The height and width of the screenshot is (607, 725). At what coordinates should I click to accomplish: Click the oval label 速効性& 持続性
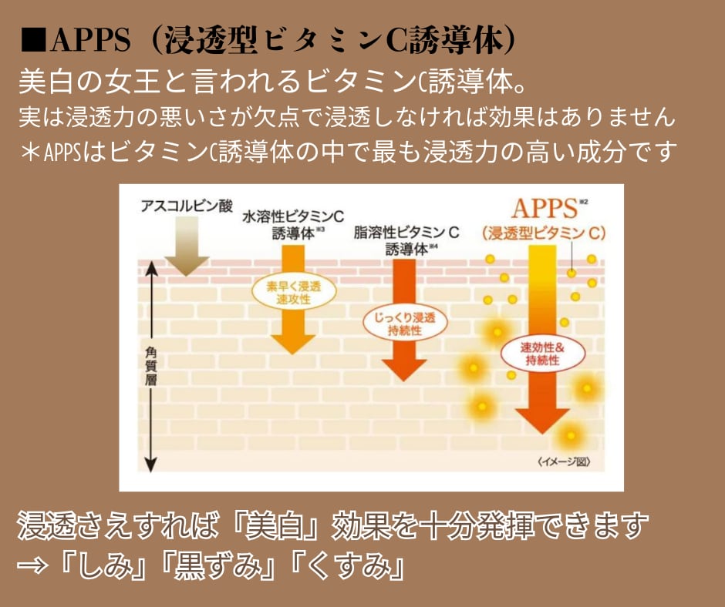point(543,354)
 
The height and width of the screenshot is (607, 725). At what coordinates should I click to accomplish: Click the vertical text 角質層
point(151,367)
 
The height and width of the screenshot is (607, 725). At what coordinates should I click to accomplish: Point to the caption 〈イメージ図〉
point(565,462)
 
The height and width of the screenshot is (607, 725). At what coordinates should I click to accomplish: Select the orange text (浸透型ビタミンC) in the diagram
point(543,233)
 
